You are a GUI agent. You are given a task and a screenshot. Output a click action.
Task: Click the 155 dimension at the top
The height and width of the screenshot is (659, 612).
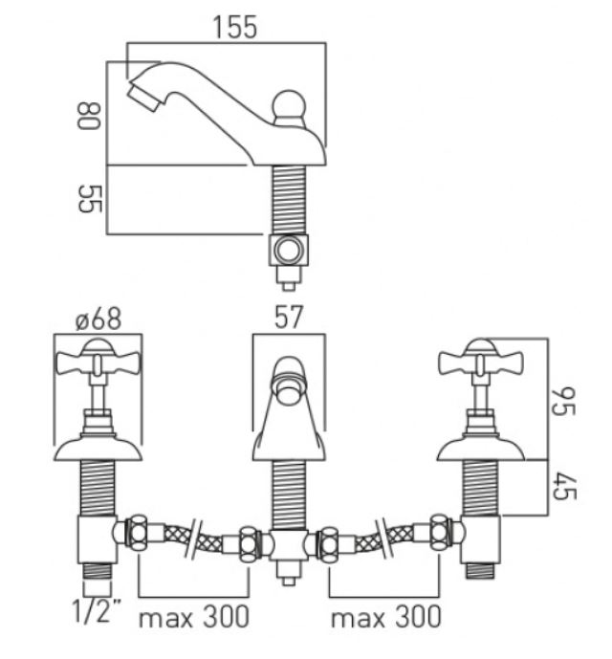[235, 28]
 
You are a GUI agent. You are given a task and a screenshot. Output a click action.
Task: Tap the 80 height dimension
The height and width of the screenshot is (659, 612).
[89, 116]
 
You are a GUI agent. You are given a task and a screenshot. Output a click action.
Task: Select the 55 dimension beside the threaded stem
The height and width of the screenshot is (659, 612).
[90, 198]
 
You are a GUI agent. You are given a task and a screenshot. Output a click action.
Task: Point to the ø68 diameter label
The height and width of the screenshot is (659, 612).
[98, 319]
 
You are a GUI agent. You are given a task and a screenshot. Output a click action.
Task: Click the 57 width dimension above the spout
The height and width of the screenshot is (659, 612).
[289, 318]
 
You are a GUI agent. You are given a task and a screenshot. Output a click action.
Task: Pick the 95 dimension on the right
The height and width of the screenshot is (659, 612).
[563, 402]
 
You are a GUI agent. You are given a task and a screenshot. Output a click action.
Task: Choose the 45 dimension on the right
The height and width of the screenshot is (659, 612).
[563, 486]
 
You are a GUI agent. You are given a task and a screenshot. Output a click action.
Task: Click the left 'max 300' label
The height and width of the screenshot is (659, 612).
[194, 617]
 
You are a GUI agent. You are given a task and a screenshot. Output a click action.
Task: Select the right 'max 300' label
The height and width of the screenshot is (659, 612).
[386, 617]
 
